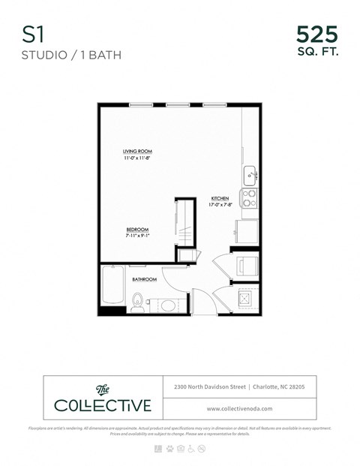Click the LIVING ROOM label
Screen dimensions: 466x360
pyautogui.click(x=138, y=152)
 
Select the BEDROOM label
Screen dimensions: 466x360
pyautogui.click(x=137, y=229)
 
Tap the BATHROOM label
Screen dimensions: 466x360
pyautogui.click(x=145, y=279)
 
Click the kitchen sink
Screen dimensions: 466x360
pyautogui.click(x=251, y=176)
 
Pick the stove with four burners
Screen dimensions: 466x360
pyautogui.click(x=250, y=197)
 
